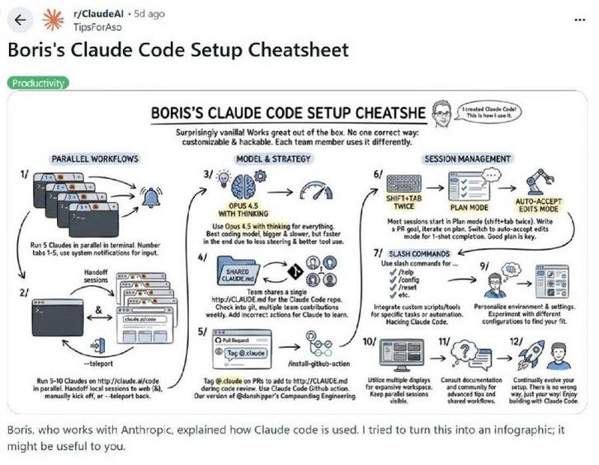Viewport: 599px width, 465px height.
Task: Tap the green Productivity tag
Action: tap(38, 83)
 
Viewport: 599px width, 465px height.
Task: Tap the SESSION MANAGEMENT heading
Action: tap(466, 157)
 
